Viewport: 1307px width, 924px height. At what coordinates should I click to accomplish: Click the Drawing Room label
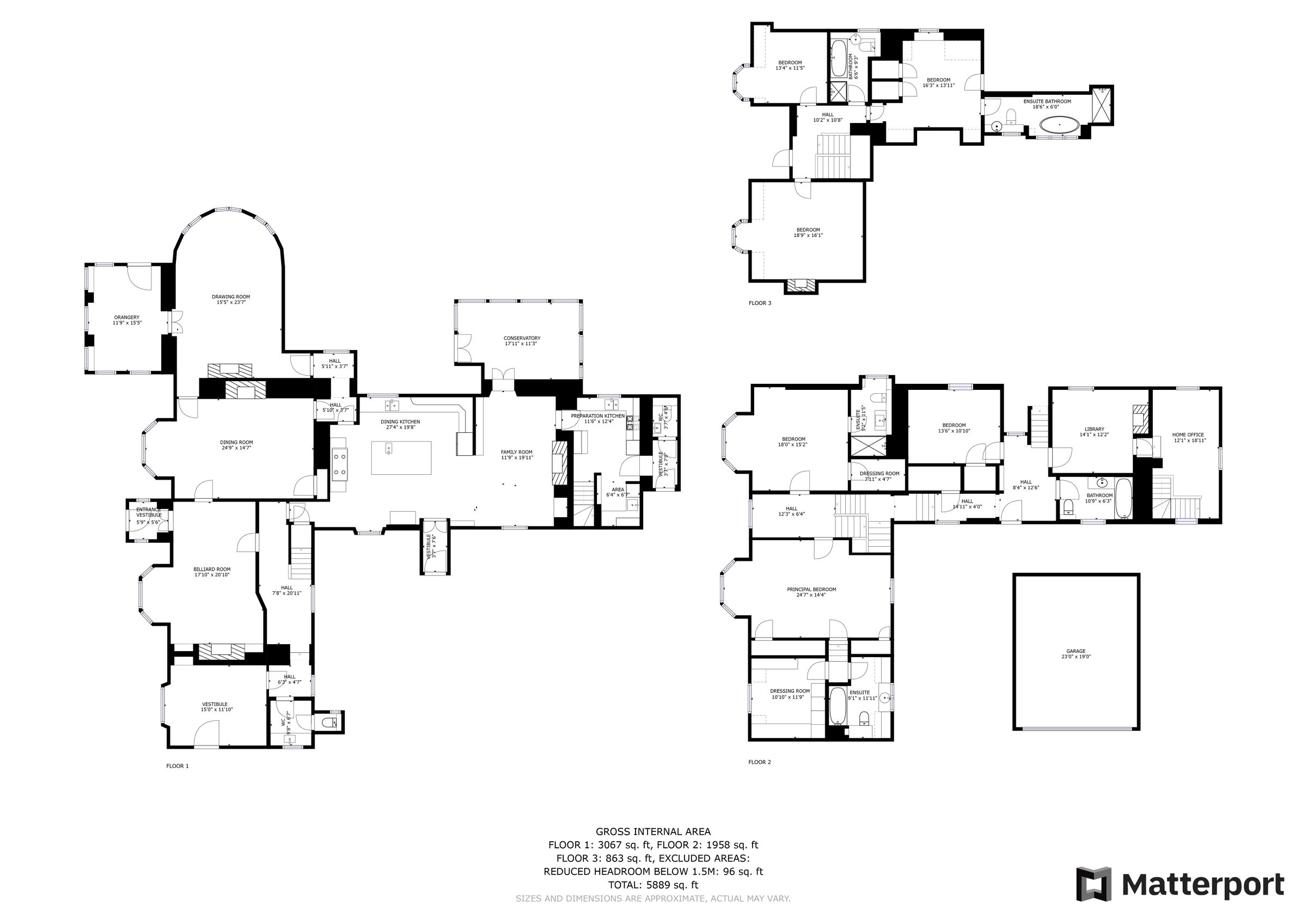(x=230, y=299)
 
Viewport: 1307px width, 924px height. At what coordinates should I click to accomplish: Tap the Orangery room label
(x=126, y=320)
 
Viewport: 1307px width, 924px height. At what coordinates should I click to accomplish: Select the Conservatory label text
(x=521, y=340)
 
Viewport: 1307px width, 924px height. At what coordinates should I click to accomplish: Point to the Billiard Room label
(x=212, y=572)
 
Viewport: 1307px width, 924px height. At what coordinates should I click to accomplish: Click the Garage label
(x=1076, y=653)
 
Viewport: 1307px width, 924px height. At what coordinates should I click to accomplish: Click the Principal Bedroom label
(x=811, y=592)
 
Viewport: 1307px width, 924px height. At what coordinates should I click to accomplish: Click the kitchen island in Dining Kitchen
(x=401, y=457)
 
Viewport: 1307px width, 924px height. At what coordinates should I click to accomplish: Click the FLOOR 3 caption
(x=759, y=303)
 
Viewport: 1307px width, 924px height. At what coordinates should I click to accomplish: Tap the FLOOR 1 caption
(x=177, y=766)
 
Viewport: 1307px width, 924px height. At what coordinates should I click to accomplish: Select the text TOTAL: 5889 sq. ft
(x=653, y=885)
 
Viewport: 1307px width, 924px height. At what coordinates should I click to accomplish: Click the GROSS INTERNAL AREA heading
(x=653, y=832)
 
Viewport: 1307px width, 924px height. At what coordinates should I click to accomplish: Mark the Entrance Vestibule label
(x=149, y=512)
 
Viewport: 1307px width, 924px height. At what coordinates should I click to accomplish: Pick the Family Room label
(x=516, y=454)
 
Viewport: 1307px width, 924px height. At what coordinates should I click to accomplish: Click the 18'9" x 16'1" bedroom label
(x=808, y=232)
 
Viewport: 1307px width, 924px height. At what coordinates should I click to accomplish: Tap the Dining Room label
(x=236, y=445)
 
